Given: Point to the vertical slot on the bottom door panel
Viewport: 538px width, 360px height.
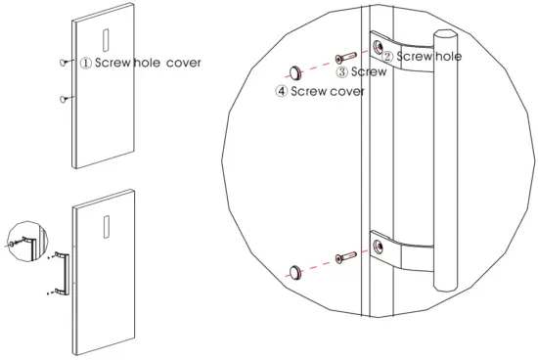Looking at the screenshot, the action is [x=104, y=226].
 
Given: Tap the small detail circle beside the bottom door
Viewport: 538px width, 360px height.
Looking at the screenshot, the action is [x=22, y=240].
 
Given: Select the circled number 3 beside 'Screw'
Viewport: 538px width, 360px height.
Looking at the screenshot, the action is [x=342, y=72].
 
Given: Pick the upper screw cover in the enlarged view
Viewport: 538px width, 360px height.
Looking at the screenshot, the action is [x=292, y=71].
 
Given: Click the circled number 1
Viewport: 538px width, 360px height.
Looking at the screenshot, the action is [x=86, y=64].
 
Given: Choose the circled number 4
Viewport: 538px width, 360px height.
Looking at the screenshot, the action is [x=282, y=92].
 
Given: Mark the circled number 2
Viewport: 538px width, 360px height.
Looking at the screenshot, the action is [x=387, y=57].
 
